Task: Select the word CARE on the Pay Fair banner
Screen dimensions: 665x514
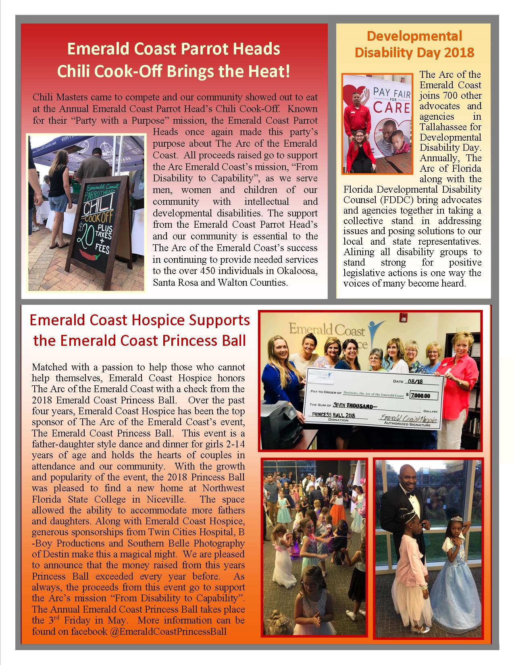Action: tap(392, 108)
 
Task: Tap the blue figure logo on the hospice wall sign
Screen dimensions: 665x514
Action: tap(375, 326)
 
